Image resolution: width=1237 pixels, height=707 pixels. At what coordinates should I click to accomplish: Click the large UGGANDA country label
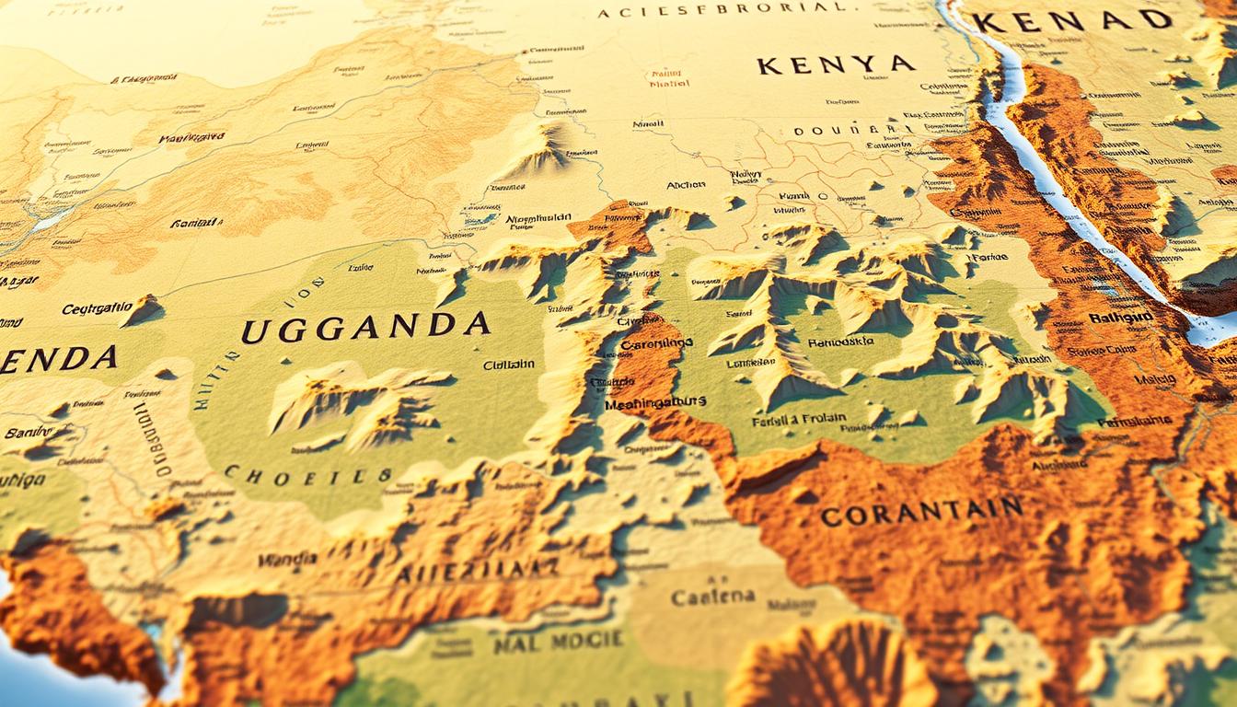point(364,327)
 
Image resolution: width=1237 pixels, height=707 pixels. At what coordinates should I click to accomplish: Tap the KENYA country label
point(836,65)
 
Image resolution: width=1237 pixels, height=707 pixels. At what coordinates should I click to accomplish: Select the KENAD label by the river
point(1073,20)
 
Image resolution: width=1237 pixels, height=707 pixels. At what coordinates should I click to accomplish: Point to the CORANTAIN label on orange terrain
point(921,512)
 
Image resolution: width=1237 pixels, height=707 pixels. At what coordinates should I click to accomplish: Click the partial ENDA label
point(57,359)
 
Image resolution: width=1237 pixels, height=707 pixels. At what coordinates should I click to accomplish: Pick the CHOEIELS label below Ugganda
point(307,475)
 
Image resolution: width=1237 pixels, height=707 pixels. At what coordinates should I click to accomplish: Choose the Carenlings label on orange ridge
point(656,344)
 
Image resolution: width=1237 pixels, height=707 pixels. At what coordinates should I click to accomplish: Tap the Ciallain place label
point(509,365)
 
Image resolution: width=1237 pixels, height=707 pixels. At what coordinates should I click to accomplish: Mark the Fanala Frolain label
point(799,418)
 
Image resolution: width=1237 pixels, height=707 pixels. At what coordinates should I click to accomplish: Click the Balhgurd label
point(1120,318)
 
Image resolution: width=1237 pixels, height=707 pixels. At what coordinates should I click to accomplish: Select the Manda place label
point(287,559)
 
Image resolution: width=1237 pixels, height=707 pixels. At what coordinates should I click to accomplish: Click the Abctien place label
point(685,185)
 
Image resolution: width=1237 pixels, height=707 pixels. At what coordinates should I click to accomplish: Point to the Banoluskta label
point(839,342)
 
